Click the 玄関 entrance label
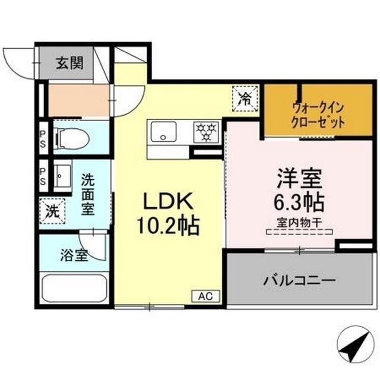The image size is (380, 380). (69, 64)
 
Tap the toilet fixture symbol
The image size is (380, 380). (71, 139)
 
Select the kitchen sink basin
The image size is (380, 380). (161, 131)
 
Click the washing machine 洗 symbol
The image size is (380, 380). (52, 210)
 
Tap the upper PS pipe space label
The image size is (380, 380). (43, 138)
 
